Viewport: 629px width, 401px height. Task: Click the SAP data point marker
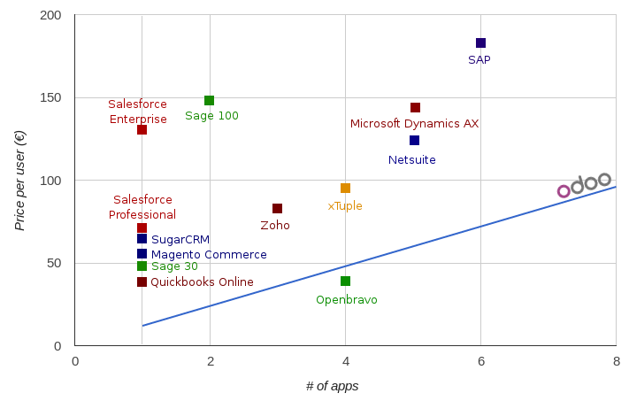click(480, 42)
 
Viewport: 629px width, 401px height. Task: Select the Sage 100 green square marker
click(209, 100)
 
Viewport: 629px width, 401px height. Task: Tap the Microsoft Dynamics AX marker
click(415, 107)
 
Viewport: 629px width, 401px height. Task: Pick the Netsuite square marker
click(414, 140)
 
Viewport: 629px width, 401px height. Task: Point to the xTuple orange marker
click(345, 188)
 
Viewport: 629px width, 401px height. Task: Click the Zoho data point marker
click(277, 208)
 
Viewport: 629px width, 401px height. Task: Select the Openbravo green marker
click(345, 281)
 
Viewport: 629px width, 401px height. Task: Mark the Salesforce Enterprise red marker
click(142, 129)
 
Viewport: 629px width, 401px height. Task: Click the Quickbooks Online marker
click(142, 281)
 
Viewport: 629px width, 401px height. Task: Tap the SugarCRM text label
click(180, 239)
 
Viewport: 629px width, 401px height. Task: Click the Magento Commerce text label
click(209, 255)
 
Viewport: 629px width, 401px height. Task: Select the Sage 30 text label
click(174, 266)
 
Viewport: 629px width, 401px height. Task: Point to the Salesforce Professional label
click(142, 207)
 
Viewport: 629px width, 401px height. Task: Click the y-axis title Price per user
click(20, 181)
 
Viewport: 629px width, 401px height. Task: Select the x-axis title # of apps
click(332, 386)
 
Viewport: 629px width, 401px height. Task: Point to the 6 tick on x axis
click(480, 361)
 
